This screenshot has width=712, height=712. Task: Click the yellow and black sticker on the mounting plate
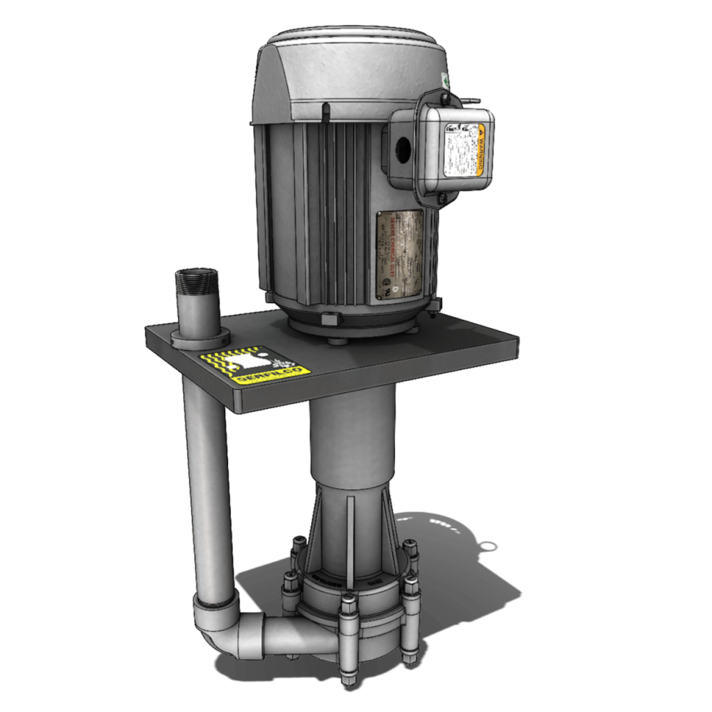click(x=254, y=365)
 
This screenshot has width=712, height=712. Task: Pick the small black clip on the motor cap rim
click(x=325, y=110)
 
